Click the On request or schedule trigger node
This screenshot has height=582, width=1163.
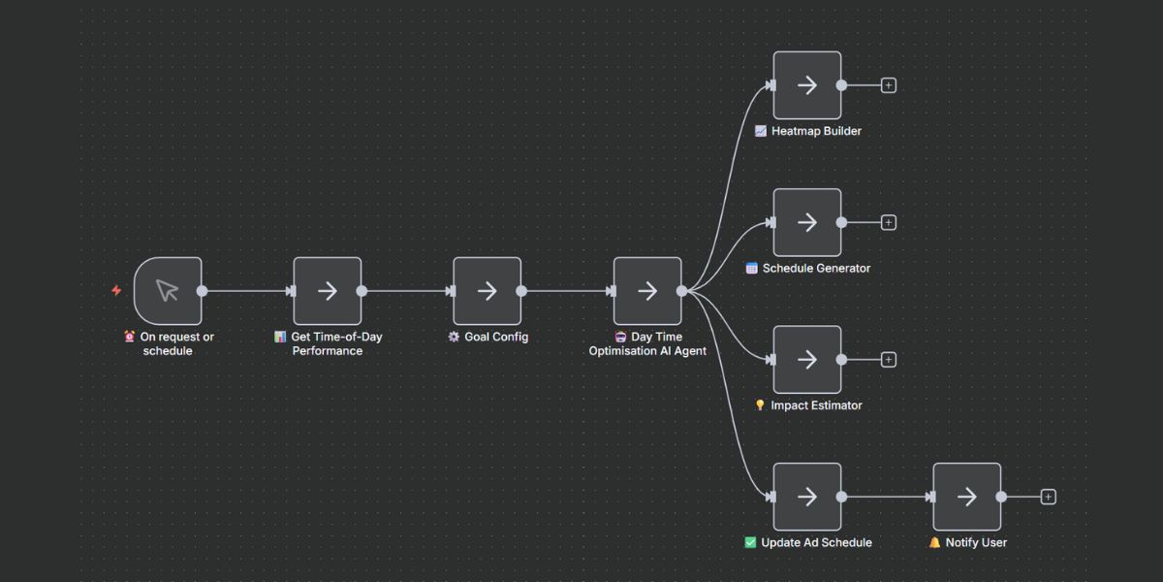tap(168, 290)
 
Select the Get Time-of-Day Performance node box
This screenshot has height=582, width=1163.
tap(328, 290)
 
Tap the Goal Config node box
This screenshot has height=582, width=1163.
tap(487, 290)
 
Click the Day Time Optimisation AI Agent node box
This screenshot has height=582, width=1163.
tap(647, 290)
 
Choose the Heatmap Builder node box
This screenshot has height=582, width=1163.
tap(806, 85)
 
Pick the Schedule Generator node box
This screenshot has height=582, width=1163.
tap(806, 222)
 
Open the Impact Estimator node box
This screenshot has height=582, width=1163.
tap(806, 359)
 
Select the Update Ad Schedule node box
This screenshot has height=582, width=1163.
tap(806, 497)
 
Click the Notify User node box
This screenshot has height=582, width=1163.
tap(966, 497)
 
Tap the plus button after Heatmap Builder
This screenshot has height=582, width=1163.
tap(889, 85)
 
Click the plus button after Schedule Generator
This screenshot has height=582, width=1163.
tap(889, 222)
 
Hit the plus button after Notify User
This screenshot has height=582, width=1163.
tap(1048, 497)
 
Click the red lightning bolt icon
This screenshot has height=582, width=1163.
tap(116, 290)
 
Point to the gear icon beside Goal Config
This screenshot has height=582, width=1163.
tap(454, 337)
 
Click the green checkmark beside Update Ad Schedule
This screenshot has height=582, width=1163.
tap(750, 542)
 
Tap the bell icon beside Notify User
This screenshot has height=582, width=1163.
tap(934, 542)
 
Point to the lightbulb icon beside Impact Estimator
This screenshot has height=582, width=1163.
tap(760, 405)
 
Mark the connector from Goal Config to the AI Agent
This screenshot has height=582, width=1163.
tap(566, 290)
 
